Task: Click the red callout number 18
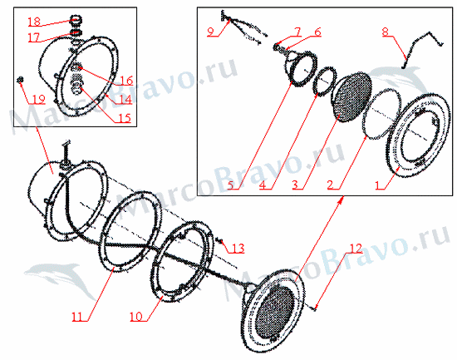pyautogui.click(x=34, y=22)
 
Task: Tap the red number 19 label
pyautogui.click(x=38, y=99)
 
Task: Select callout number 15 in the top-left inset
pyautogui.click(x=124, y=118)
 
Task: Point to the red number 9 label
pyautogui.click(x=211, y=32)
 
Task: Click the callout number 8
pyautogui.click(x=386, y=32)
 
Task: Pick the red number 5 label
pyautogui.click(x=231, y=185)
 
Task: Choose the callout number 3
pyautogui.click(x=295, y=185)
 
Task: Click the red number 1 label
pyautogui.click(x=377, y=185)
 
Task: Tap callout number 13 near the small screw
pyautogui.click(x=238, y=249)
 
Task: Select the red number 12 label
pyautogui.click(x=356, y=249)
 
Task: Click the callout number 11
pyautogui.click(x=77, y=316)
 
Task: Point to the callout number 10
pyautogui.click(x=135, y=316)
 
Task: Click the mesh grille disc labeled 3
pyautogui.click(x=351, y=96)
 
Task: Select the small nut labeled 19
pyautogui.click(x=20, y=79)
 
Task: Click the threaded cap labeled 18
pyautogui.click(x=76, y=20)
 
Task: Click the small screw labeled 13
pyautogui.click(x=220, y=240)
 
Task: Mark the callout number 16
pyautogui.click(x=127, y=80)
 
